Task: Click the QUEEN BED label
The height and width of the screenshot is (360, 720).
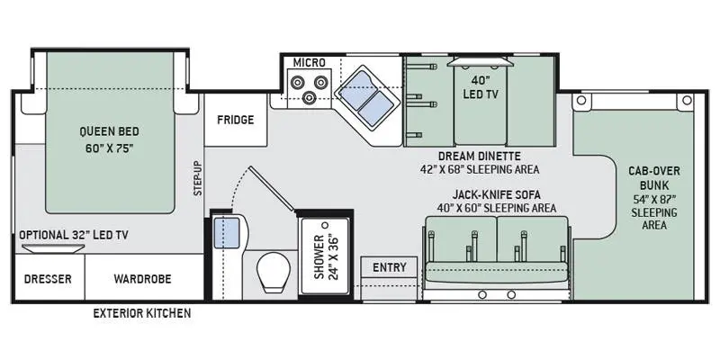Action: (x=109, y=131)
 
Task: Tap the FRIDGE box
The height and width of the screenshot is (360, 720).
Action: (x=236, y=121)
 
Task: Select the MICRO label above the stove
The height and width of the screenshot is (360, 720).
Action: (x=309, y=62)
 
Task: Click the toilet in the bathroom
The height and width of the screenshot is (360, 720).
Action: (x=274, y=273)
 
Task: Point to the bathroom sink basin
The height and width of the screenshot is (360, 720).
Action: (x=228, y=233)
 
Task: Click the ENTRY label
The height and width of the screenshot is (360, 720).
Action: (x=390, y=267)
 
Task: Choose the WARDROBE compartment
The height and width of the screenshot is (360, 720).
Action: (x=144, y=277)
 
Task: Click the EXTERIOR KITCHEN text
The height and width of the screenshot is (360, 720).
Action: (x=142, y=313)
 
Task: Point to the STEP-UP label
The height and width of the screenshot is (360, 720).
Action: (x=198, y=178)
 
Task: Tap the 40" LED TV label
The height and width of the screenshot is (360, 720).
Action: (x=481, y=87)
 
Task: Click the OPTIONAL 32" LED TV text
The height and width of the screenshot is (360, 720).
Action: (x=74, y=235)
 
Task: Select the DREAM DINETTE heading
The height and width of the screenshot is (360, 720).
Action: (x=480, y=156)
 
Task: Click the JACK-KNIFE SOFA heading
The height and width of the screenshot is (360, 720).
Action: (x=496, y=194)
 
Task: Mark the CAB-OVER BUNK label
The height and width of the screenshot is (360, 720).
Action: (x=654, y=178)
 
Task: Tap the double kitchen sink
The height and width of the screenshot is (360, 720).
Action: (x=365, y=97)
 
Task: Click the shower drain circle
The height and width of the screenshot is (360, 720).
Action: (x=326, y=226)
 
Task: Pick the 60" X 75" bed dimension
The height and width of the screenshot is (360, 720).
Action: (x=109, y=148)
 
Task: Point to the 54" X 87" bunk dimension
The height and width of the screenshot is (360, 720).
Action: (x=654, y=200)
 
